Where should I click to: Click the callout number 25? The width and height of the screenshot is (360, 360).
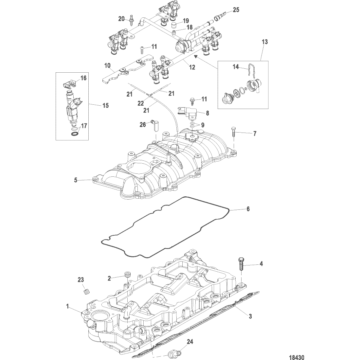point(236,10)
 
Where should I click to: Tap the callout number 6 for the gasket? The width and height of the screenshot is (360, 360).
point(248,209)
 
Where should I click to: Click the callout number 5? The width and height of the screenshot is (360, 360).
point(76,180)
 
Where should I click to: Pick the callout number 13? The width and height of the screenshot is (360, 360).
point(264,42)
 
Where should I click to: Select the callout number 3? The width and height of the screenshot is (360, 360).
point(250,316)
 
